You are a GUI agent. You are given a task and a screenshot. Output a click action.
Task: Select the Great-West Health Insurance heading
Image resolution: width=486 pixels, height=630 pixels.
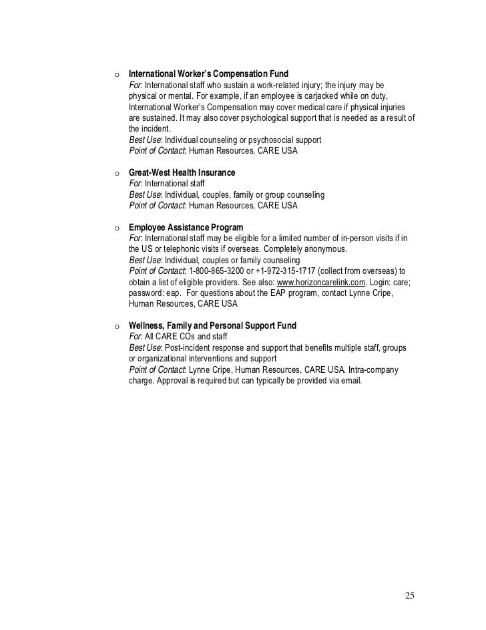point(182,172)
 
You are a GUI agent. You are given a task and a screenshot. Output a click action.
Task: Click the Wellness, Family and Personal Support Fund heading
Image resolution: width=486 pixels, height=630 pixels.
point(212,326)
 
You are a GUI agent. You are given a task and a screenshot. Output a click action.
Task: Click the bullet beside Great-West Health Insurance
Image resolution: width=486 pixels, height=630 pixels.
point(117,173)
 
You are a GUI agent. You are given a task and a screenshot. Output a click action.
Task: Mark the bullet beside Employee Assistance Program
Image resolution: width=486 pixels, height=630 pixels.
point(117,228)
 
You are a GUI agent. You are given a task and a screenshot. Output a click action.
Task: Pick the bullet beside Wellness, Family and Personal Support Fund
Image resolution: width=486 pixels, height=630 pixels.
point(117,327)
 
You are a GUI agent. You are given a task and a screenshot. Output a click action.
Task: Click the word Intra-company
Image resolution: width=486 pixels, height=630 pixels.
point(369,369)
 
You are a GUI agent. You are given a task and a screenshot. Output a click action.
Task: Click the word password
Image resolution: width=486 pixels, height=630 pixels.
point(146,293)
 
